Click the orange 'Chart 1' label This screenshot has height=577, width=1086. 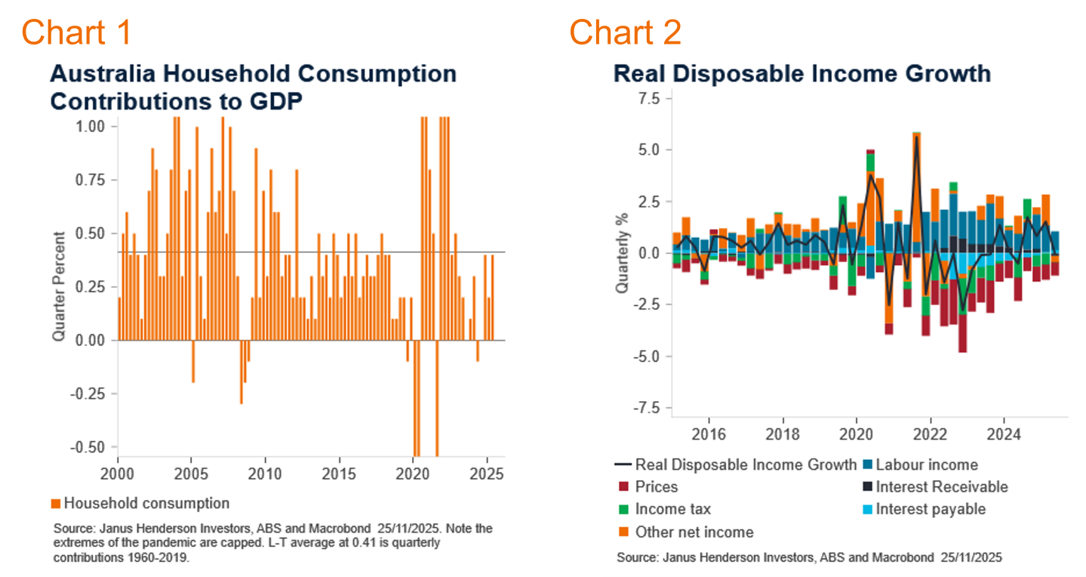click(x=76, y=32)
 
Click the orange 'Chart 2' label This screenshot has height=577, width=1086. click(x=625, y=32)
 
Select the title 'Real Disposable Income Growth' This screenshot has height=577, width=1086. click(x=801, y=73)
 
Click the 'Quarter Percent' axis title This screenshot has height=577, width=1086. click(x=60, y=285)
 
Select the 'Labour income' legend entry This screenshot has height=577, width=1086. click(x=926, y=465)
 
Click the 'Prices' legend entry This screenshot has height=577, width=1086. click(x=656, y=487)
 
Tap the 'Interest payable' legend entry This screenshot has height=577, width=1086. click(x=930, y=509)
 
